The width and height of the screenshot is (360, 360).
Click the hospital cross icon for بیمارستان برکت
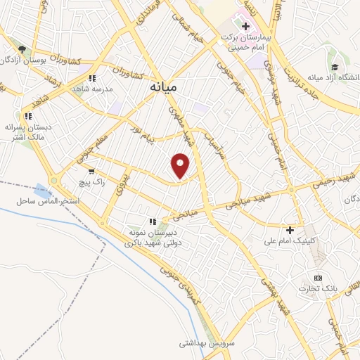(x=245, y=27)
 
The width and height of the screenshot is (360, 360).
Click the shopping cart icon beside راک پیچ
(x=91, y=170)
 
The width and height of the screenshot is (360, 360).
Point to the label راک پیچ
(x=93, y=182)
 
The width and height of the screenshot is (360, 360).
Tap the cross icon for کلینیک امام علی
(x=290, y=230)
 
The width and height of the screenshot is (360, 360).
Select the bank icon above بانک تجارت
(x=318, y=277)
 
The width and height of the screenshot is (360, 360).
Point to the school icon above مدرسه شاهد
(x=91, y=79)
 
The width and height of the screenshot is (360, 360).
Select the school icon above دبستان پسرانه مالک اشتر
(x=28, y=116)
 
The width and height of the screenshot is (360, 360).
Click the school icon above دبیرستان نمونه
(x=153, y=221)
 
